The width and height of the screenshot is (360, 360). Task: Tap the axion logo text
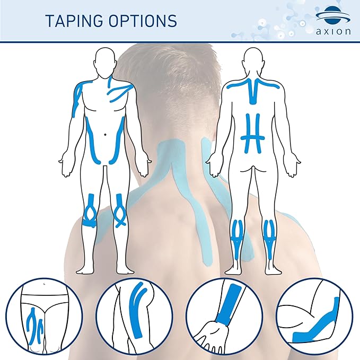click(333, 31)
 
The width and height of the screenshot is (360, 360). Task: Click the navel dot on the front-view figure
click(106, 134)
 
